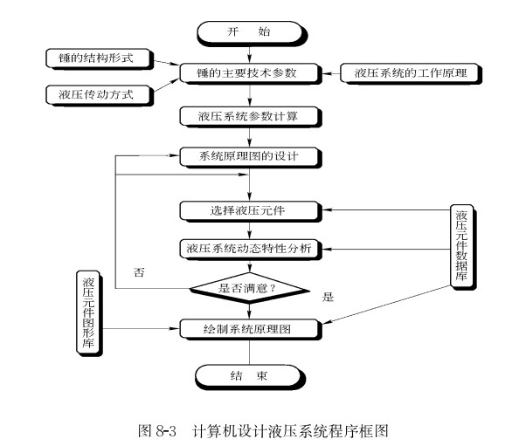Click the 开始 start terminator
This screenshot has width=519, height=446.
tap(250, 32)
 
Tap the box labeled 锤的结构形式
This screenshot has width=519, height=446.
tap(98, 58)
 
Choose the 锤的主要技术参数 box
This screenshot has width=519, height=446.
tap(250, 72)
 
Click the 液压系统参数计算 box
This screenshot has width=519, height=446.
tap(250, 115)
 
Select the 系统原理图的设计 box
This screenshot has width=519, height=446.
tap(250, 157)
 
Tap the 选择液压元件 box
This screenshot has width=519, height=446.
tap(250, 209)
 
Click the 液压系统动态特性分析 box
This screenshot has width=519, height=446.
tap(250, 249)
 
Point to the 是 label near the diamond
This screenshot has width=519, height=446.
tap(329, 297)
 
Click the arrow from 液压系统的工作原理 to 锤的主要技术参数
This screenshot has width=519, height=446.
tap(329, 72)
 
